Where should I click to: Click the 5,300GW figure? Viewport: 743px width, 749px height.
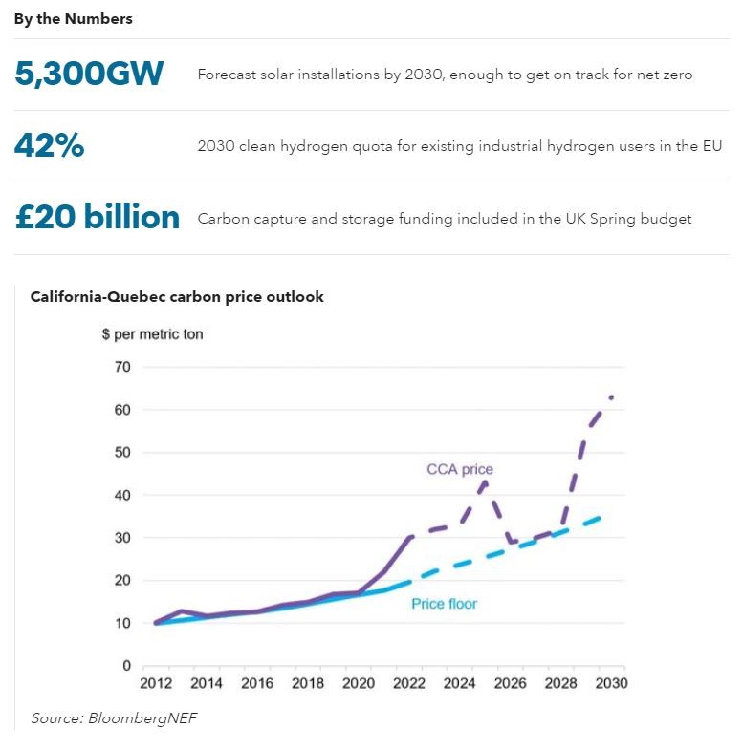[x=89, y=74]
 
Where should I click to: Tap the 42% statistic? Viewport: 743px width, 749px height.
[x=49, y=145]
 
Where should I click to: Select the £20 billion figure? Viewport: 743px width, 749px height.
[x=98, y=218]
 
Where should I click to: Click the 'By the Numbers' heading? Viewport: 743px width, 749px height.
[x=73, y=19]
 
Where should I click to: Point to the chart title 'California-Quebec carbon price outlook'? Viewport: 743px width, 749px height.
[x=177, y=297]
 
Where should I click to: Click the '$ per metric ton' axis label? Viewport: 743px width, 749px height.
[x=152, y=334]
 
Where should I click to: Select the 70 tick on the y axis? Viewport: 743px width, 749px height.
[x=122, y=367]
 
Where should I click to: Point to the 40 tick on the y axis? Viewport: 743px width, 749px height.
[x=122, y=495]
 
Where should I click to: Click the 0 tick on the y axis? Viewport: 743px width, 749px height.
[x=126, y=666]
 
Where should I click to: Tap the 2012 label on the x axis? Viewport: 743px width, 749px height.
[x=155, y=684]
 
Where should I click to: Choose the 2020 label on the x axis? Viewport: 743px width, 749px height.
[x=360, y=684]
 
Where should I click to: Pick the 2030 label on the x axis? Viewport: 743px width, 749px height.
[x=610, y=684]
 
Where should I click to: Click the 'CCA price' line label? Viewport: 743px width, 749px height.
[x=460, y=469]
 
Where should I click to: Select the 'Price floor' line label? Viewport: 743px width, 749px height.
[x=444, y=604]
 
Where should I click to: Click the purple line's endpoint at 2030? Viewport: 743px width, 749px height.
[x=611, y=396]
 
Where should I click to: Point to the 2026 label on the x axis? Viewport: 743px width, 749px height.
[x=511, y=684]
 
